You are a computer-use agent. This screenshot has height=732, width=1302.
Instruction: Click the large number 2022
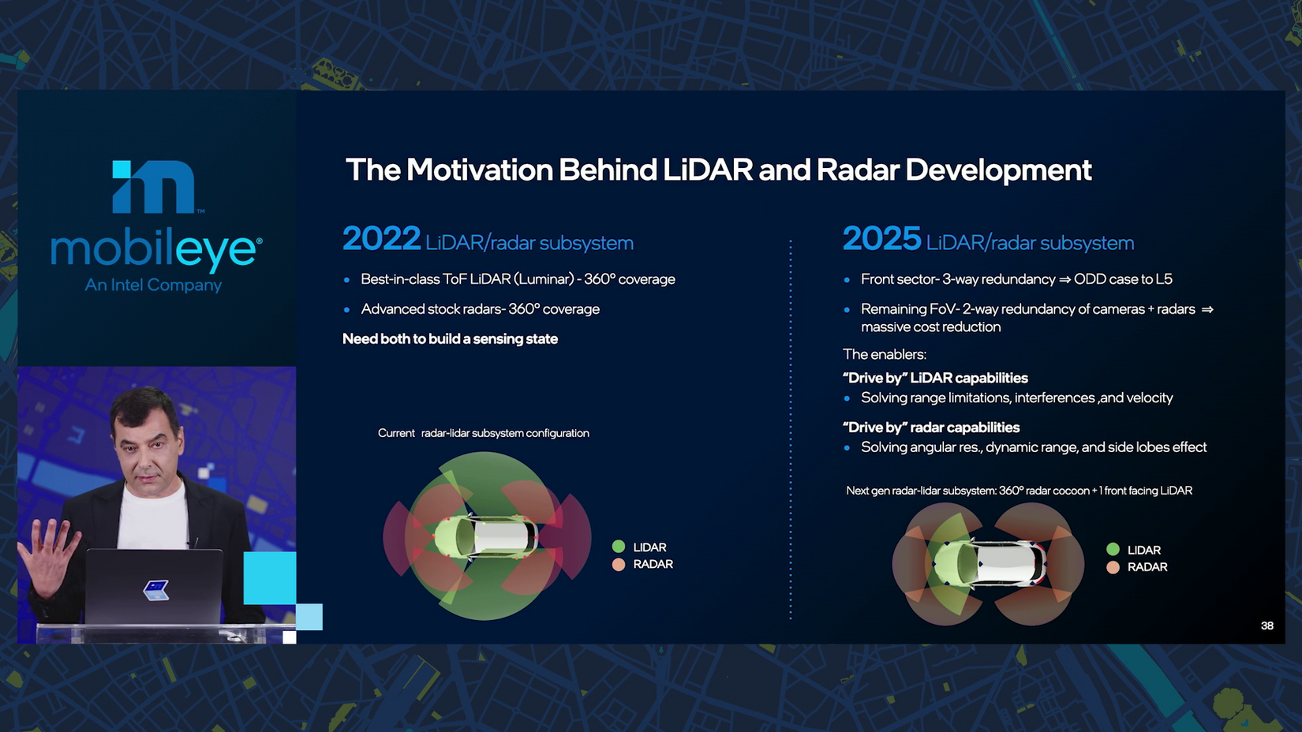tap(381, 239)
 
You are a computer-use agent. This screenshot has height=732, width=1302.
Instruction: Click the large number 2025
tap(881, 239)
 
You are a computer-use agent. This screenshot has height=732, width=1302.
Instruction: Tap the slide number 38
tap(1267, 626)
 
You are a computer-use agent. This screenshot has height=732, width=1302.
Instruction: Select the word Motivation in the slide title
tap(480, 170)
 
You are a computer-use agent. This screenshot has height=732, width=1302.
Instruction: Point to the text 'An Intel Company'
tap(153, 285)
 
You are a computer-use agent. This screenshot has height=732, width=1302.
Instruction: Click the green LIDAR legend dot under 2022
tap(619, 547)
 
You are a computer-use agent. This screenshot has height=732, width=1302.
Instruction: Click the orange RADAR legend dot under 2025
tap(1113, 567)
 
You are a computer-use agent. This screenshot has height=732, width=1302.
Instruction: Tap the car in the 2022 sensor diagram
tap(486, 536)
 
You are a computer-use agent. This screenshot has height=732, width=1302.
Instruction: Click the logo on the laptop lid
tap(155, 590)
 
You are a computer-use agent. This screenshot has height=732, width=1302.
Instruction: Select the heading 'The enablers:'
tap(884, 354)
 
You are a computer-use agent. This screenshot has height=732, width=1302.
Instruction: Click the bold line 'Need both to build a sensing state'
tap(450, 338)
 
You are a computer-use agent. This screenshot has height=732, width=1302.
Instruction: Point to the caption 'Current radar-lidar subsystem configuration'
tap(483, 433)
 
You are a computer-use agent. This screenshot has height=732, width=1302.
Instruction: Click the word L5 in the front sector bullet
tap(1164, 279)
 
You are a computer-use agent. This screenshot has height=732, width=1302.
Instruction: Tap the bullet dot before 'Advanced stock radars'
tap(347, 310)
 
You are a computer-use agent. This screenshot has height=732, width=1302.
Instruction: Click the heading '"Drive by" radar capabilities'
tap(930, 428)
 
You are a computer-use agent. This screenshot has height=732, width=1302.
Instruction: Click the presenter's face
tap(147, 446)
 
